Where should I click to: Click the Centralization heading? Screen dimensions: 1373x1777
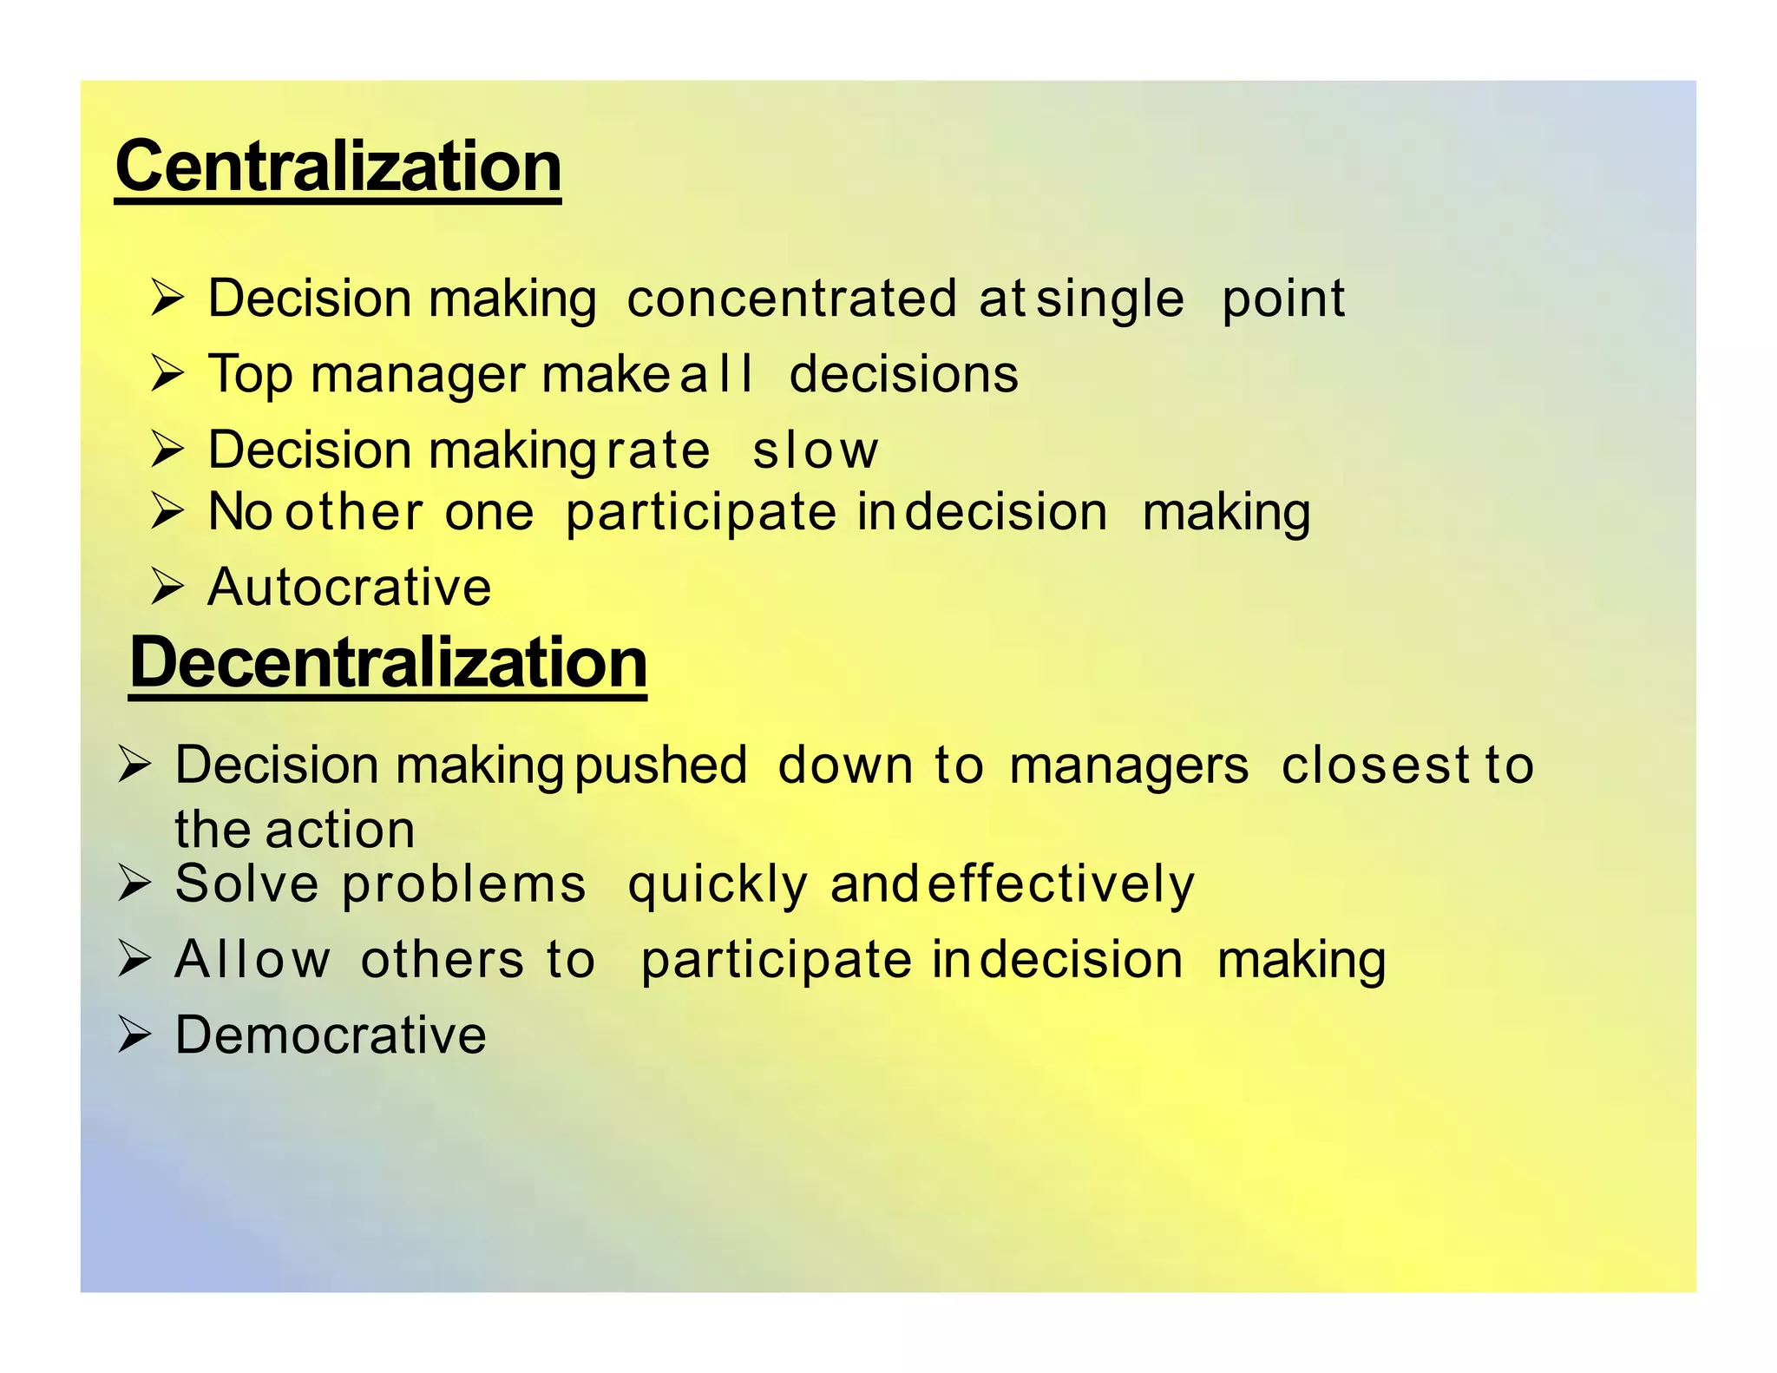tap(338, 167)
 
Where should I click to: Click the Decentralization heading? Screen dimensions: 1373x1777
tap(388, 662)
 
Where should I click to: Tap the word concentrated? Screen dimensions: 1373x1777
tap(791, 299)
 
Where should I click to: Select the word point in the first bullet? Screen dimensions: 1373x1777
tap(1282, 300)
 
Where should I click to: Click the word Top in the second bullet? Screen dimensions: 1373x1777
tap(251, 375)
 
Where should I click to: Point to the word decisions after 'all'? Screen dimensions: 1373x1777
tap(903, 374)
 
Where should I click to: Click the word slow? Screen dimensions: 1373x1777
tap(815, 450)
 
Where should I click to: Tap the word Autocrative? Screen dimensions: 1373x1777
tap(350, 588)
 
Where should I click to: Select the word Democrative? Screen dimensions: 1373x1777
tap(331, 1035)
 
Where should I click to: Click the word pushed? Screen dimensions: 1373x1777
tap(660, 766)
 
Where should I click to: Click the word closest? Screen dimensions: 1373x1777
tap(1374, 765)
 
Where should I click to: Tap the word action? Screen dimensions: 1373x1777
tap(340, 830)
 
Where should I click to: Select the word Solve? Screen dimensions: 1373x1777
tap(247, 884)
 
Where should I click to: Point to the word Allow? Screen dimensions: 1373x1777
tap(252, 960)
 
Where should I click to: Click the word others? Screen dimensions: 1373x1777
tap(442, 960)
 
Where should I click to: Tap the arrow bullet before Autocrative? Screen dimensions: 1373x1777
tap(167, 588)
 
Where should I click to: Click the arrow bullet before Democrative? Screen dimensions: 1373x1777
tap(134, 1035)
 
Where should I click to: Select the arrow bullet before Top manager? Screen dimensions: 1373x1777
tap(167, 375)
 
